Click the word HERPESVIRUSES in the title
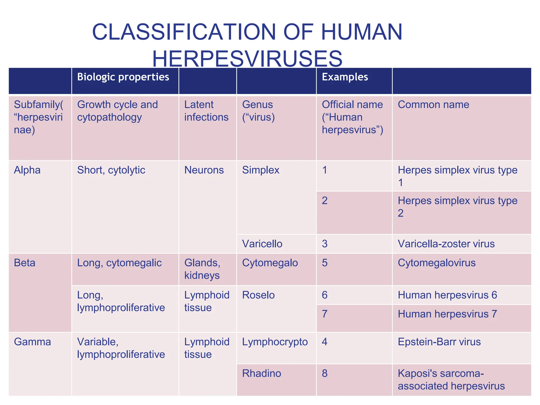[x=247, y=59]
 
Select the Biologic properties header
[x=123, y=77]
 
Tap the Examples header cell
[x=345, y=77]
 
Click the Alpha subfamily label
[x=27, y=170]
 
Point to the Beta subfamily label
[x=25, y=263]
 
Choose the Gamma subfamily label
[x=32, y=342]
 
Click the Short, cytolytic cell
[x=111, y=170]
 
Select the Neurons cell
[x=204, y=170]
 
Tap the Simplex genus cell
[x=261, y=170]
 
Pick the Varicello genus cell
[x=262, y=244]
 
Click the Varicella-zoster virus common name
[x=446, y=244]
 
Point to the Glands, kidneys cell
[x=202, y=269]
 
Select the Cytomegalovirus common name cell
[x=437, y=263]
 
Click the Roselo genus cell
[x=258, y=295]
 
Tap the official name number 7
[x=325, y=314]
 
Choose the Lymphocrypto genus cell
[x=275, y=342]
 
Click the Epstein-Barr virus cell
[x=439, y=342]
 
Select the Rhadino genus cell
[x=262, y=374]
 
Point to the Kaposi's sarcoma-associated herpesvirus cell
[x=451, y=380]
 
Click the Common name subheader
[x=433, y=105]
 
